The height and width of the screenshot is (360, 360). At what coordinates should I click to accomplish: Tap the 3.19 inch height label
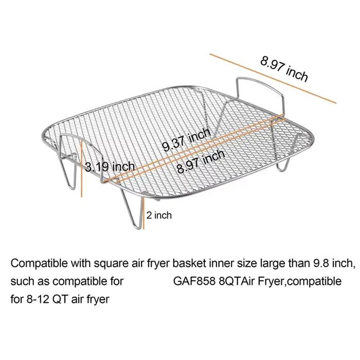point(110,167)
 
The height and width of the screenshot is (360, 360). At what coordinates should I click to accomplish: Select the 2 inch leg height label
point(159,215)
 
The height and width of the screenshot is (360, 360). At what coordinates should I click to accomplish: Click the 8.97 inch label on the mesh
point(201,161)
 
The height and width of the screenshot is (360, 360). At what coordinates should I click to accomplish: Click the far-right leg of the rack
point(283,164)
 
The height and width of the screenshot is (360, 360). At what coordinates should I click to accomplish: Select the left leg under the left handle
point(68,172)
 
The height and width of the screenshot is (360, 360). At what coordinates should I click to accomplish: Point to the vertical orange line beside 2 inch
point(143,213)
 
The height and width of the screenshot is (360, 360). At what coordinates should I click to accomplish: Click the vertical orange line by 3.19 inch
point(81,169)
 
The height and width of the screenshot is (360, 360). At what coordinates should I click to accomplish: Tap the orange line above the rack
point(273,78)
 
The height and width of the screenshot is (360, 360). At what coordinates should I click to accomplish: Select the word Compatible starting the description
point(39,263)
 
